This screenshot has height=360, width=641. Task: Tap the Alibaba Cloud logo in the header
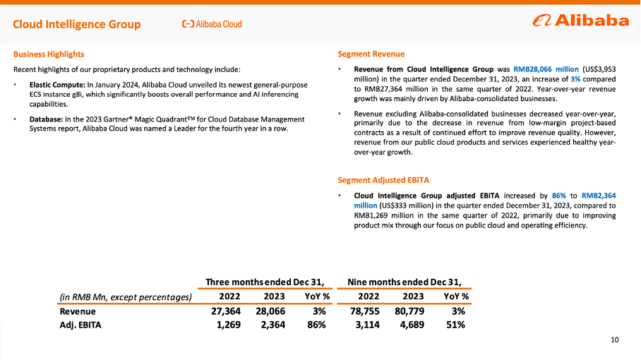tap(212, 24)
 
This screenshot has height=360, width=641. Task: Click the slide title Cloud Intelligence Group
tap(77, 25)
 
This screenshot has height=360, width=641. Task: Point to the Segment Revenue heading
tap(371, 54)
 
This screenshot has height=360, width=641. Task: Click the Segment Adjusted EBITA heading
tap(383, 180)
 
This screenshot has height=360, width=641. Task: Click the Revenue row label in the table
tap(78, 311)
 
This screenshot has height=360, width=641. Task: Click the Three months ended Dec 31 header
tap(265, 282)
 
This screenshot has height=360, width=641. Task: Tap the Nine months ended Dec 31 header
tap(409, 282)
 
